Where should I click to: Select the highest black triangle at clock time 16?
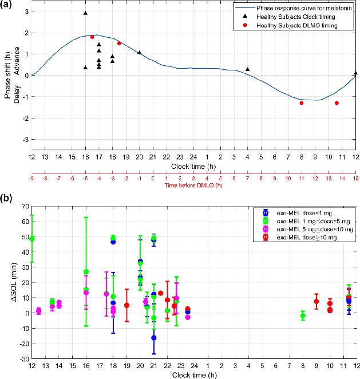[85, 13]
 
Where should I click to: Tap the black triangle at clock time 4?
[248, 69]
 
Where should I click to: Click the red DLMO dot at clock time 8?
[302, 103]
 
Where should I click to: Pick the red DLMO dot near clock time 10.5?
[337, 103]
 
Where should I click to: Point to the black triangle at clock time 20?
[140, 53]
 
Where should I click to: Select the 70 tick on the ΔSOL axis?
[25, 205]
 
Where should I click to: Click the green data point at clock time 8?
[303, 316]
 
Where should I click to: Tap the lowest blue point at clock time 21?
[153, 338]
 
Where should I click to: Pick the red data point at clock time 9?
[316, 302]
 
